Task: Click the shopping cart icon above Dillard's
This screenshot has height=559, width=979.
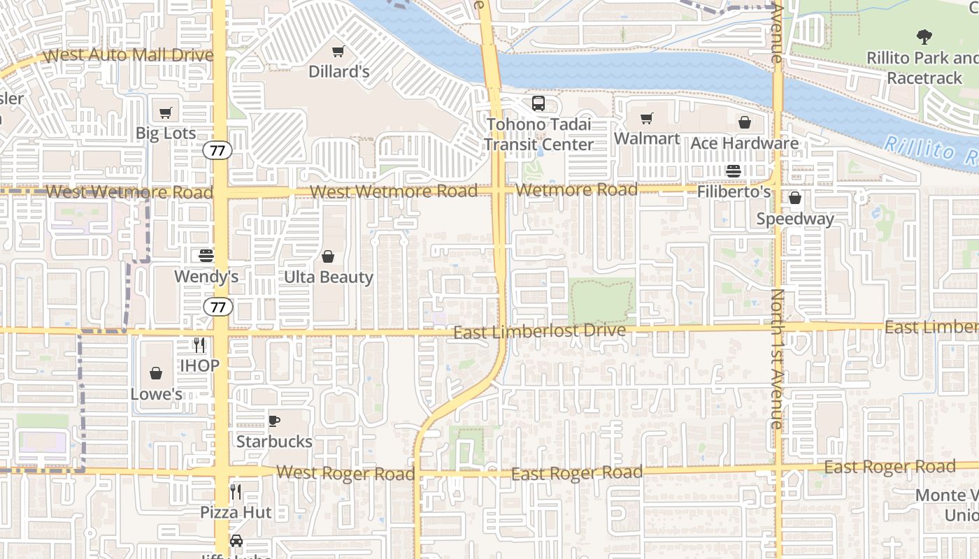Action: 338,51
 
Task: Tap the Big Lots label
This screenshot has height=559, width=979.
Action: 166,133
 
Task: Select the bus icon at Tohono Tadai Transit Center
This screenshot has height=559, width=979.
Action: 538,103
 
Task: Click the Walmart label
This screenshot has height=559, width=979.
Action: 647,138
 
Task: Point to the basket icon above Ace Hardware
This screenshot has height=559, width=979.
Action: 745,122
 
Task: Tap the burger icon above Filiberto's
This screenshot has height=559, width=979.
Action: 734,170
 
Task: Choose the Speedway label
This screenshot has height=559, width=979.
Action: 795,219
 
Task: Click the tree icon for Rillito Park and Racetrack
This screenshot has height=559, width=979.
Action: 924,37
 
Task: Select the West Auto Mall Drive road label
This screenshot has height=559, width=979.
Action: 128,55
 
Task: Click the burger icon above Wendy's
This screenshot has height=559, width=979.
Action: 206,256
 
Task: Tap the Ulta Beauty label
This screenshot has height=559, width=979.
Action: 328,277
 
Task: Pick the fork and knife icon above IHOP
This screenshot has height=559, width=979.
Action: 200,344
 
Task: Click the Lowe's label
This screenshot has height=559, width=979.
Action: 156,393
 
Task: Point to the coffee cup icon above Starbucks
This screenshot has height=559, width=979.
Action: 274,421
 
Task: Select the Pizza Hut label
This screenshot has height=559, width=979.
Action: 236,511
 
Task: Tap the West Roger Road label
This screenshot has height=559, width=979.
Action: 345,474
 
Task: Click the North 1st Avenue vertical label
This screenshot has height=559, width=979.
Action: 777,358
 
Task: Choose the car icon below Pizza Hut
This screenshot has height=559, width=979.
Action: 236,541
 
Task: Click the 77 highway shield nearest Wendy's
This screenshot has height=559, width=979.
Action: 219,306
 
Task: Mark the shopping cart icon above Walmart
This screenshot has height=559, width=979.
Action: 647,118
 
